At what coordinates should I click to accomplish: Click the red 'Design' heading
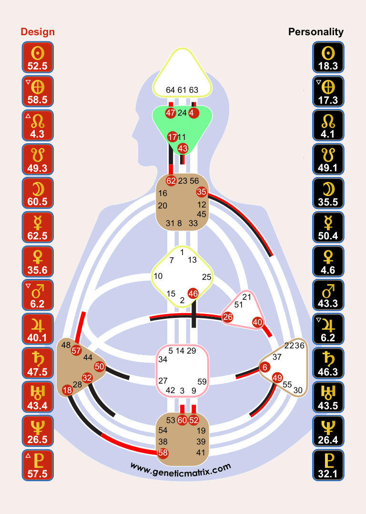tap(38, 32)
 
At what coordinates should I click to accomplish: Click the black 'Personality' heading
tap(316, 32)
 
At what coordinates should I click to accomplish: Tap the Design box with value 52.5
tap(38, 57)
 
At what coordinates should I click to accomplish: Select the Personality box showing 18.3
tap(328, 57)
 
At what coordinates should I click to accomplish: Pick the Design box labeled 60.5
tap(38, 193)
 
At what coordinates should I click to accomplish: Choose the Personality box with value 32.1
tap(328, 465)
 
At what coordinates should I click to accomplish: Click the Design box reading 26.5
tap(38, 431)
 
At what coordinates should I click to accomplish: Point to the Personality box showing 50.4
tap(328, 227)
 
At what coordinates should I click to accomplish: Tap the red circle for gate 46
tap(193, 293)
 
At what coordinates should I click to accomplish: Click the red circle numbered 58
tap(163, 453)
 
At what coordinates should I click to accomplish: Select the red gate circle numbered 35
tap(201, 192)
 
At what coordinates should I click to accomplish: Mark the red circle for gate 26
tap(228, 317)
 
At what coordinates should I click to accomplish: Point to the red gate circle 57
tap(76, 351)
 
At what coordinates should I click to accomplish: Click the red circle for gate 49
tap(277, 377)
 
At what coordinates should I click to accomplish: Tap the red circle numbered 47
tap(171, 113)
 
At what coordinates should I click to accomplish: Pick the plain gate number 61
tap(182, 90)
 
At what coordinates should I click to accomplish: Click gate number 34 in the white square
tap(163, 359)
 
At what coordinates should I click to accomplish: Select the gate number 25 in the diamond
tap(206, 277)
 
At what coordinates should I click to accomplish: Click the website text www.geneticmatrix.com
tap(181, 468)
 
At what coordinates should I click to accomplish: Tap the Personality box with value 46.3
tap(328, 363)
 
